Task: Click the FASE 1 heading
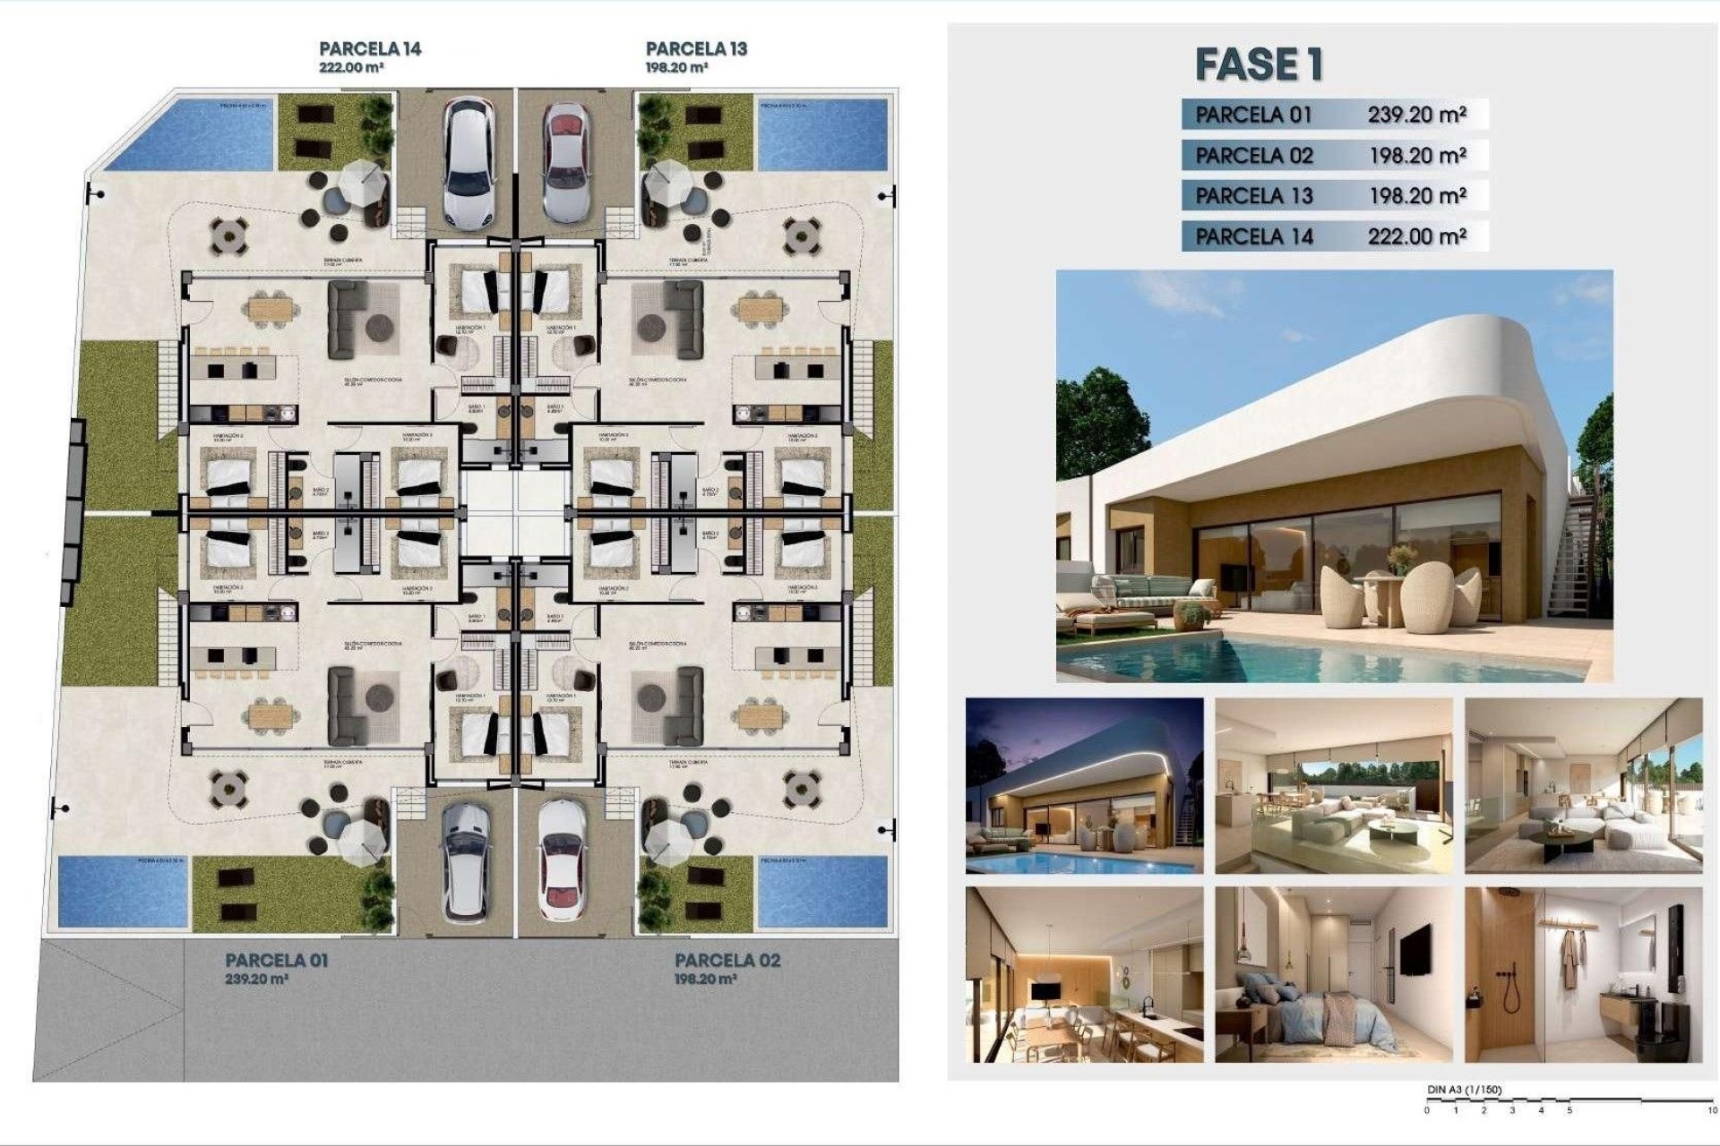pyautogui.click(x=1259, y=64)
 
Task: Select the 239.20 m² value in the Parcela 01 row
pyautogui.click(x=1416, y=115)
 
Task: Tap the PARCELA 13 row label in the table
pyautogui.click(x=1253, y=196)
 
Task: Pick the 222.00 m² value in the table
pyautogui.click(x=1416, y=236)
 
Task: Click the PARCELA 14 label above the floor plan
pyautogui.click(x=370, y=49)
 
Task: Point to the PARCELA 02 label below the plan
pyautogui.click(x=727, y=961)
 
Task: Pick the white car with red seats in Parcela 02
pyautogui.click(x=563, y=861)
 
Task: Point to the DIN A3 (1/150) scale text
pyautogui.click(x=1464, y=1090)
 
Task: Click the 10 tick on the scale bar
pyautogui.click(x=1710, y=1110)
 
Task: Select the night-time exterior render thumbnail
pyautogui.click(x=1084, y=785)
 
